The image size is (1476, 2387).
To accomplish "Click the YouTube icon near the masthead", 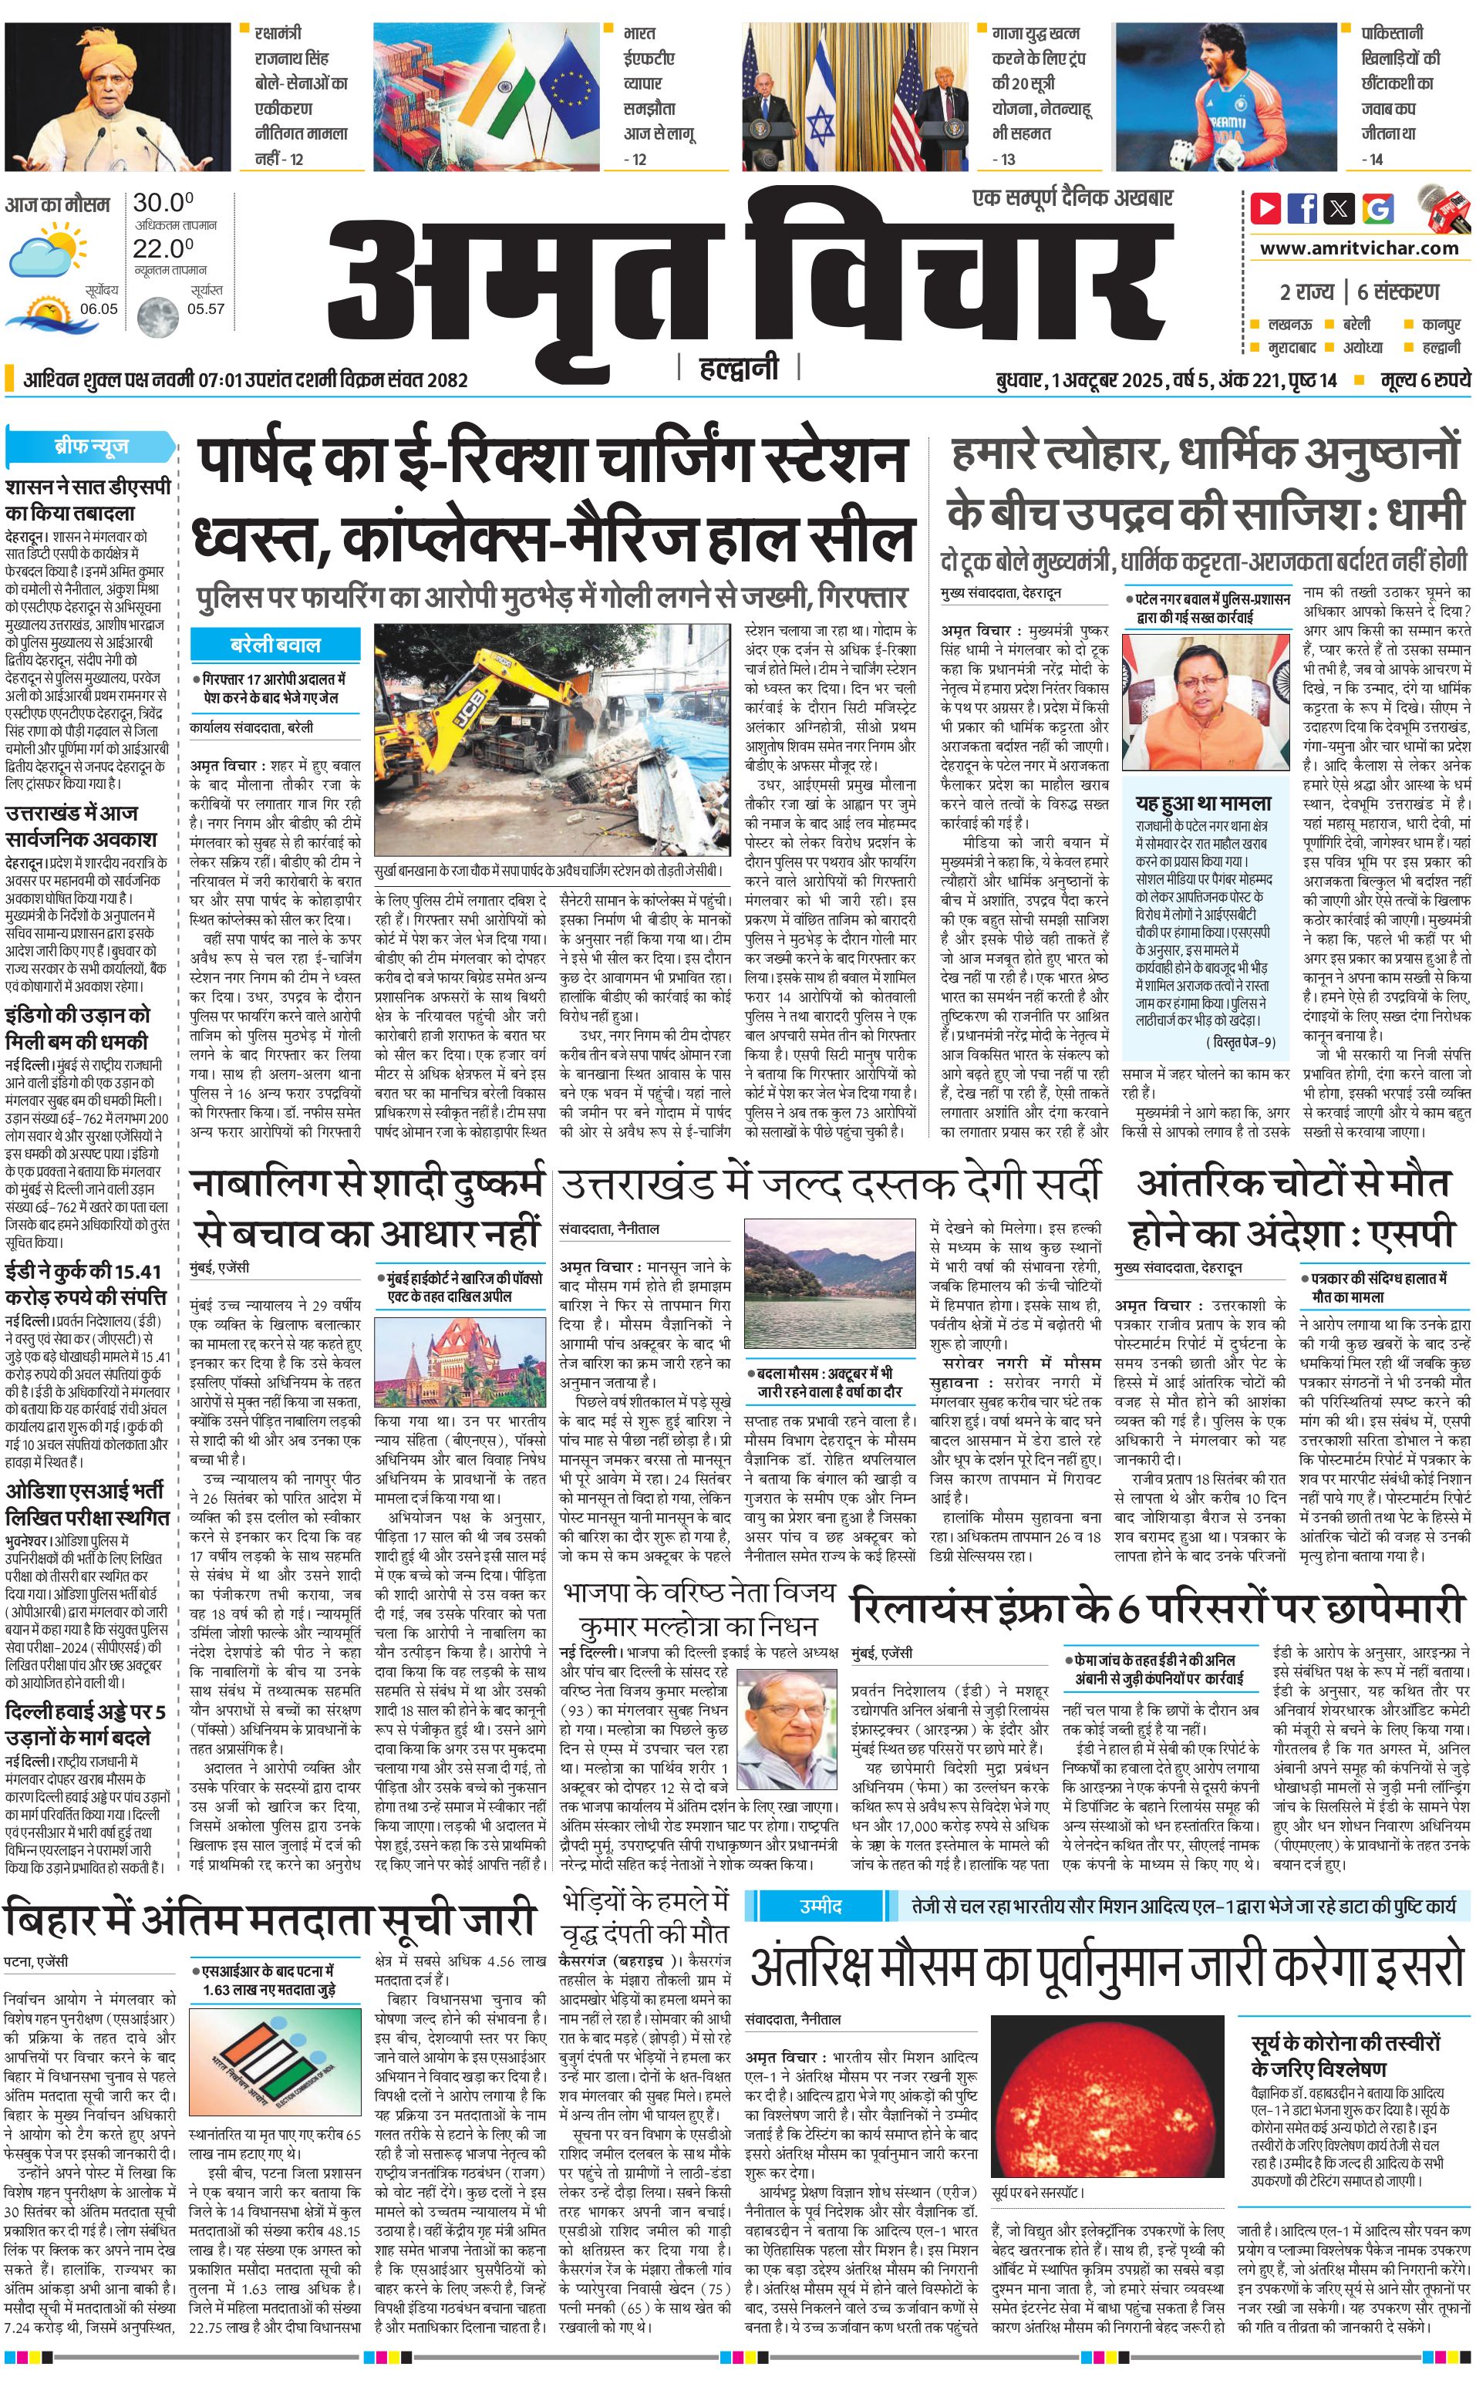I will coord(1266,208).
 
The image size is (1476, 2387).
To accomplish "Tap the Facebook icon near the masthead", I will coord(1302,208).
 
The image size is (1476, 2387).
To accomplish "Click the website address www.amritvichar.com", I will coord(1359,248).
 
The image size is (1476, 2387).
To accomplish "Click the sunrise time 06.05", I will coord(99,308).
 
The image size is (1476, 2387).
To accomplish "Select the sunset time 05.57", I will coord(206,308).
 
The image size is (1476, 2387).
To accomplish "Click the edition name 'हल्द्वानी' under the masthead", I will coord(739,368).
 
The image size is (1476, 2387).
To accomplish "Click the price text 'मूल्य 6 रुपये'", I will coord(1424,379).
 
